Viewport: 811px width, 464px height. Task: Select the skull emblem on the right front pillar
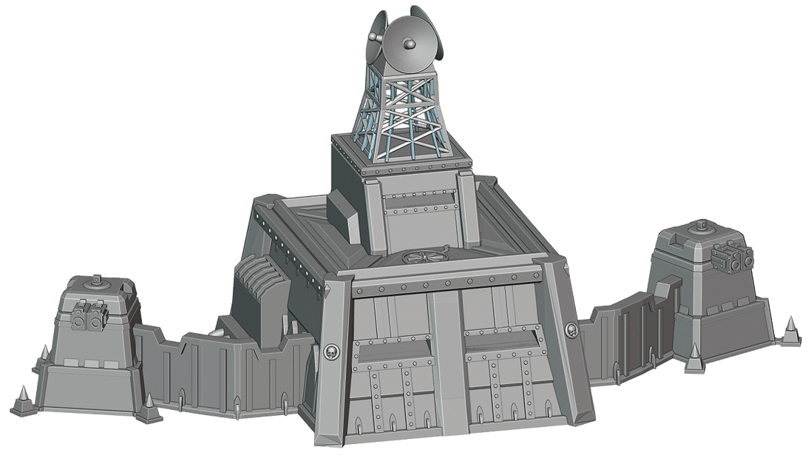569,329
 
